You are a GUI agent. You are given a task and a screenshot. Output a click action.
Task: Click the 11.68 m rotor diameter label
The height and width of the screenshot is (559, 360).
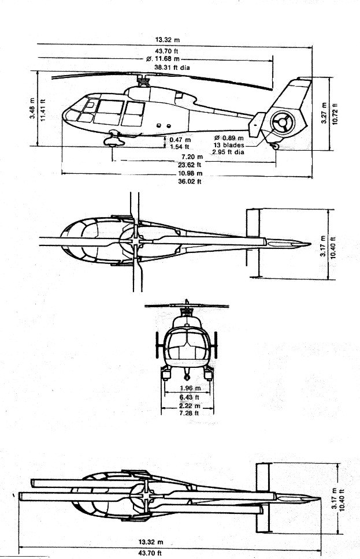point(163,59)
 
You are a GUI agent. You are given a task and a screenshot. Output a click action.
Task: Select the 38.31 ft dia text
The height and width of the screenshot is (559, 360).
point(172,68)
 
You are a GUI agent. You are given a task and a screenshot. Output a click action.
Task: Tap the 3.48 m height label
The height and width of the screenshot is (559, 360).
point(32,108)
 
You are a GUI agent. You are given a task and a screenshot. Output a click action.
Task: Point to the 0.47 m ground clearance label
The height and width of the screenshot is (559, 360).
point(180,140)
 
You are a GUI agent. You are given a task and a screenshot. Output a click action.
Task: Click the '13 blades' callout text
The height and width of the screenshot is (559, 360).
point(229,145)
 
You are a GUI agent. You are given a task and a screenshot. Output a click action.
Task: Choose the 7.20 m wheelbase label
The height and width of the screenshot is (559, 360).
point(192,157)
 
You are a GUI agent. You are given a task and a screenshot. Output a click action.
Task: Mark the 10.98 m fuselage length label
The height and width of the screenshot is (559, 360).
point(190,174)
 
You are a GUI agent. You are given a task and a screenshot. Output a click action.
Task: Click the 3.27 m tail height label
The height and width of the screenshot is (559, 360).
point(324,113)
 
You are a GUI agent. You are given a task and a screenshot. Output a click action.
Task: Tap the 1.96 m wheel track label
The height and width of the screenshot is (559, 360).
point(190,388)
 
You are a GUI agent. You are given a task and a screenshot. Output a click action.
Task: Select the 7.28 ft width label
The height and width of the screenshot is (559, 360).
point(189,413)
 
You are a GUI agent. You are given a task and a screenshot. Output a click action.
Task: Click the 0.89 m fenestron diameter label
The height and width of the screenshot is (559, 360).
point(229,138)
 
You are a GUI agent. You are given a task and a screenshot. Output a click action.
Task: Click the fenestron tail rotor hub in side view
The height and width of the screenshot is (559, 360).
point(283,122)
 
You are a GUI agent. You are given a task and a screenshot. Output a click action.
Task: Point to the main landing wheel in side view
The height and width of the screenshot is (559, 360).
point(114,141)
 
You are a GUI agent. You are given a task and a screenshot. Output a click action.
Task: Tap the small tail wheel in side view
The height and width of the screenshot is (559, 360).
point(274,146)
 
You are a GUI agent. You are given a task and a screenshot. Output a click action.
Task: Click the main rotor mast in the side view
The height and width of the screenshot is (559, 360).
point(143,81)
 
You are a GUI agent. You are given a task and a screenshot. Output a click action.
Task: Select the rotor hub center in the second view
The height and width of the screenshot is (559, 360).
point(136,241)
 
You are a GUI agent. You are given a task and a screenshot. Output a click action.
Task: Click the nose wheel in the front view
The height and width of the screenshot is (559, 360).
point(187,377)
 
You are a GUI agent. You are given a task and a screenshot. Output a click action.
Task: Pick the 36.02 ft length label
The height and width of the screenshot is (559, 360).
point(190,181)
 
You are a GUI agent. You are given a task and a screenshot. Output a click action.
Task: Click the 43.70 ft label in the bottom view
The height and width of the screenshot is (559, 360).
point(150,553)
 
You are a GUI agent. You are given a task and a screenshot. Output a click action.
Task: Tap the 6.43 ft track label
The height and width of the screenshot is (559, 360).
point(189,397)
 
